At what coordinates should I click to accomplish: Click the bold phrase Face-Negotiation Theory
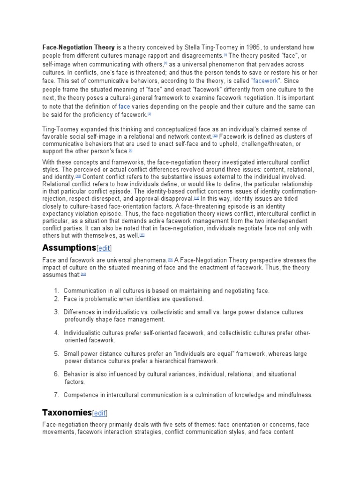pos(79,47)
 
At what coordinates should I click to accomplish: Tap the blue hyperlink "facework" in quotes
pos(265,81)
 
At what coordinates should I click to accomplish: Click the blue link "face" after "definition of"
pos(124,106)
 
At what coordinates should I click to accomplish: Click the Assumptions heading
pos(69,247)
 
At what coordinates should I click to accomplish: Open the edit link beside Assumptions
pos(104,248)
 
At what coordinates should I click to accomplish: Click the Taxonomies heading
pos(67,412)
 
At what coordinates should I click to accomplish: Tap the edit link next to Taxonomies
pos(100,413)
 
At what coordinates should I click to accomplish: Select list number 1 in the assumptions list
pos(56,291)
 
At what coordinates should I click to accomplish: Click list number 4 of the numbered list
pos(56,333)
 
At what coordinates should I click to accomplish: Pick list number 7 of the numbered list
pos(56,395)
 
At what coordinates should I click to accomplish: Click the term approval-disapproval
pos(165,198)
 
